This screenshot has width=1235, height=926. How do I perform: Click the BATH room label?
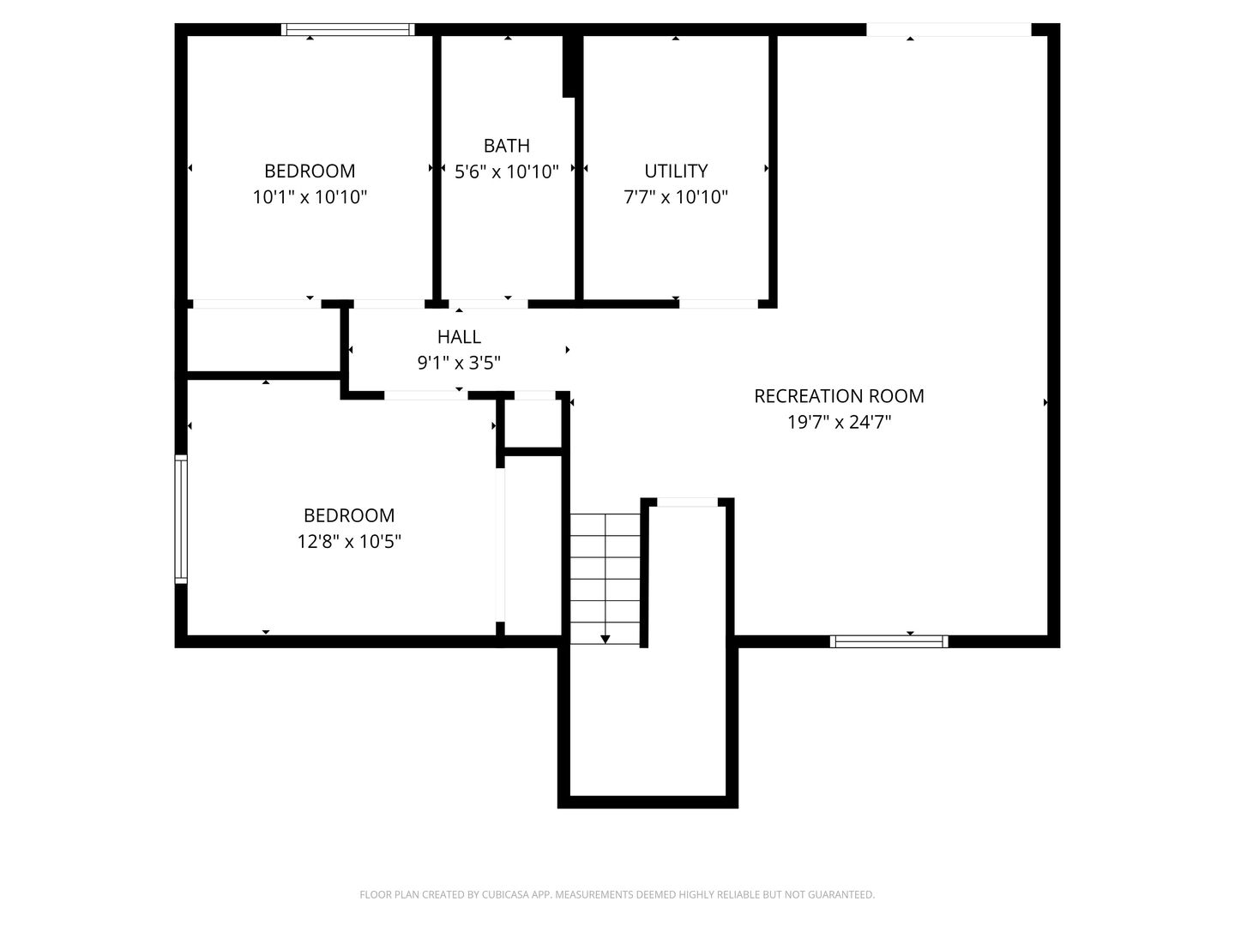coord(506,146)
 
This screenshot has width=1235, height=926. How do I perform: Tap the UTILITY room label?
coord(676,171)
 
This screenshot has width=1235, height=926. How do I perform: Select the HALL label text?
coord(459,336)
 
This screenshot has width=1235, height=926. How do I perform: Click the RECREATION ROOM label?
coord(839,396)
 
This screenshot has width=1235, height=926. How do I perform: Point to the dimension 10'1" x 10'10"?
coord(310,197)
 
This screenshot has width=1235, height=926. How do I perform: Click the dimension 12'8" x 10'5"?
coord(349,541)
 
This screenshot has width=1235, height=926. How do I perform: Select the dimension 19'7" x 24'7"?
coord(839,422)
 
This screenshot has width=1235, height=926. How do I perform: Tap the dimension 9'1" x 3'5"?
coord(459,363)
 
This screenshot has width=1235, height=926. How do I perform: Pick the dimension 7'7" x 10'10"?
coord(676,197)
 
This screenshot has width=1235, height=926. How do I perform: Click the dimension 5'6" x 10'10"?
coord(506,171)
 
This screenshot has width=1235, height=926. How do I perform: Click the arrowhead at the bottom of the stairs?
coord(605,640)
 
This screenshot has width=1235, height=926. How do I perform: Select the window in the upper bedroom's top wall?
coord(347,30)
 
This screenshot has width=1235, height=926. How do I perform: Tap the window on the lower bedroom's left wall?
coord(181,519)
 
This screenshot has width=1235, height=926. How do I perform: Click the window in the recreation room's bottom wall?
coord(889,641)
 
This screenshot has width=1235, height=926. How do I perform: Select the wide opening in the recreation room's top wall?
coord(949,30)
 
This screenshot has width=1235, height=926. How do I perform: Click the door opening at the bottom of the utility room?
coord(719,304)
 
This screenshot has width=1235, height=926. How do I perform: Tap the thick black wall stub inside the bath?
coord(569,66)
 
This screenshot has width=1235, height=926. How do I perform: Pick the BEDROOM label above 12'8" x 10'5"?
coord(349,515)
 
